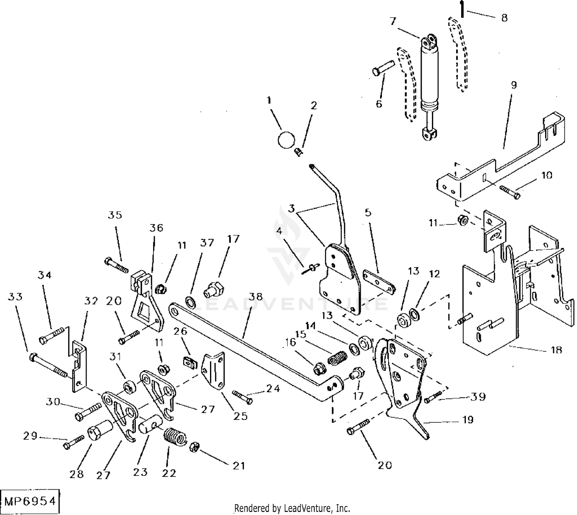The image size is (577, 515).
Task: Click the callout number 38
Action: tap(255, 297)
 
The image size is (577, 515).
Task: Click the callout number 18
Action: tap(556, 349)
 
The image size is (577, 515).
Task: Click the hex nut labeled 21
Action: tap(194, 447)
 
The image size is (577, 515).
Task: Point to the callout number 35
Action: tap(115, 215)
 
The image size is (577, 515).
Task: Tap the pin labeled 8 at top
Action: tap(462, 8)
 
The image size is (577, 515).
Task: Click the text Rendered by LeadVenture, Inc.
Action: tap(292, 508)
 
